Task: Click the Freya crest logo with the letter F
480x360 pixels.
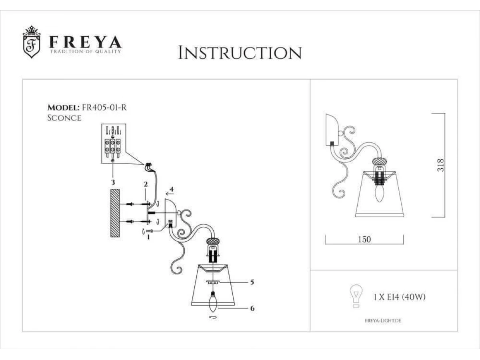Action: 32,42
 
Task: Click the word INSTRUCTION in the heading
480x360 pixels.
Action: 240,53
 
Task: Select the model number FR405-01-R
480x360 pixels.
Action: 104,108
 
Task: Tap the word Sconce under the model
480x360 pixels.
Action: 64,118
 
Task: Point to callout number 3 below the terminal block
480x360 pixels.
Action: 113,182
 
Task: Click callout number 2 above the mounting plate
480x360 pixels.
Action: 146,184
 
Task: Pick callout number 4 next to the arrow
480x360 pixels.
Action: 172,189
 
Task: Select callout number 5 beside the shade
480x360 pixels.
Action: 252,282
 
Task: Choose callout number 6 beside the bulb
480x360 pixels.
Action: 252,308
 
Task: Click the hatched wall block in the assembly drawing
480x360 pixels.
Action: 115,213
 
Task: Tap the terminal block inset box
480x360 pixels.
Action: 114,144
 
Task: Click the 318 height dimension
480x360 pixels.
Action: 440,165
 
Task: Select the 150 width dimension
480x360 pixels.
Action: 364,240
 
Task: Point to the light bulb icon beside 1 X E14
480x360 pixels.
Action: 356,296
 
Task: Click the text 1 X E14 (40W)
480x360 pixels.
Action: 399,297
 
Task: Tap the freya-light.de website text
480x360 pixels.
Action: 383,321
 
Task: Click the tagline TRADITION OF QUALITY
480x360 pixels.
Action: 86,52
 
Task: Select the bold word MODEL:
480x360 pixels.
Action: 64,108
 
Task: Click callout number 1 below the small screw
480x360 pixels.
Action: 148,237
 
